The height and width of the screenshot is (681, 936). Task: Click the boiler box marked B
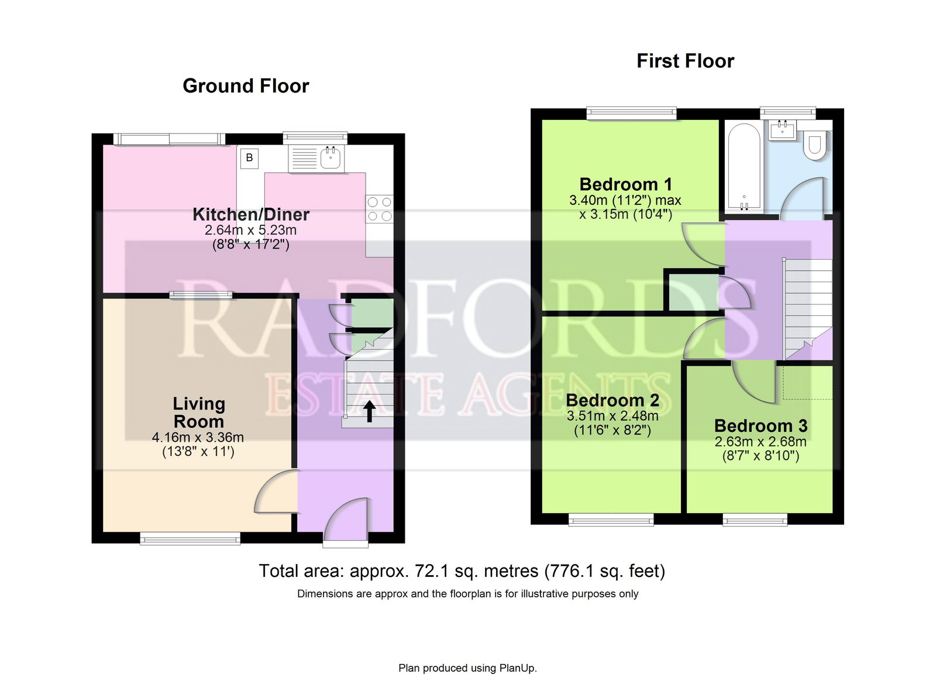pos(249,158)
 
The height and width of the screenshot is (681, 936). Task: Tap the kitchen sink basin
pos(331,159)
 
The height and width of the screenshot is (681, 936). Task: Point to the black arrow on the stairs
pos(369,411)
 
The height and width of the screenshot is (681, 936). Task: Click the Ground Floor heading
pos(246,86)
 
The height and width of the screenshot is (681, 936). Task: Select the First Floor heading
pos(685,61)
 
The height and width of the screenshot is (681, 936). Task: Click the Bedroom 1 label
pos(625,184)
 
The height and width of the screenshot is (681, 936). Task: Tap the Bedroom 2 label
pos(612,400)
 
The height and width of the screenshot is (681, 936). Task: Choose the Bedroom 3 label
pos(760,426)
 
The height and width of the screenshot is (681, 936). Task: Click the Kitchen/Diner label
pos(251,214)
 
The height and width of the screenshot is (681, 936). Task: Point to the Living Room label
pos(199,412)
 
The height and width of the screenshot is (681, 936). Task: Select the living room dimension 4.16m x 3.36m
pos(198,438)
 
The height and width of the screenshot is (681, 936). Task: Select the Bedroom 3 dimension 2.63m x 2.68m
pos(760,442)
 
